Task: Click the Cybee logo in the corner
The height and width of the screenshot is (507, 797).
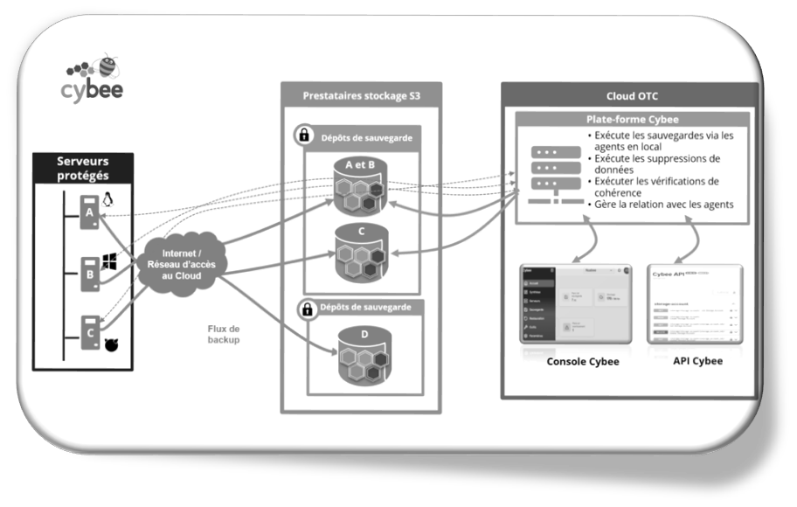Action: click(x=93, y=77)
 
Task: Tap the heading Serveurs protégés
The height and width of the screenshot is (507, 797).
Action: click(x=83, y=169)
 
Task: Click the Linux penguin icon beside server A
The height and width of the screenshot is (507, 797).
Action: click(x=108, y=200)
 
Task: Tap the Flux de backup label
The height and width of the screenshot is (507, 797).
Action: click(x=224, y=333)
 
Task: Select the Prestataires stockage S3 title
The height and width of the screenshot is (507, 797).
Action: click(x=361, y=95)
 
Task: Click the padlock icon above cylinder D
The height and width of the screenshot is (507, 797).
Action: click(x=307, y=309)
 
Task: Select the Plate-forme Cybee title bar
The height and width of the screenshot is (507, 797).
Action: click(x=632, y=119)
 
